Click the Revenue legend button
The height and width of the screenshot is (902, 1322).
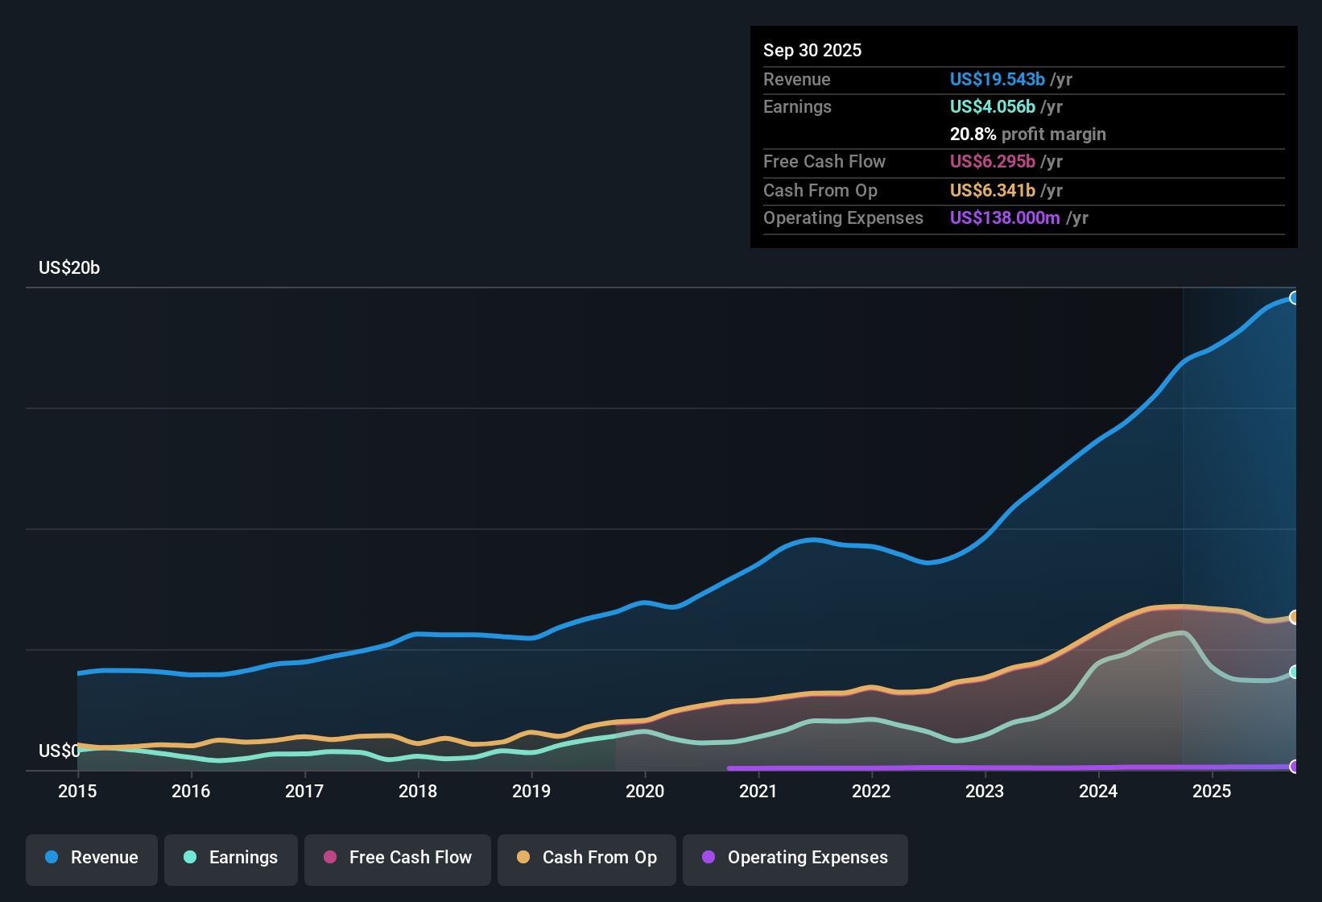92,858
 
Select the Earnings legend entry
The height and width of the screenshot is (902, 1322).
231,858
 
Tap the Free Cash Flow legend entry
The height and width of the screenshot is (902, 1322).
398,858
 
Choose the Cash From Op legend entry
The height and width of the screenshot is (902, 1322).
587,858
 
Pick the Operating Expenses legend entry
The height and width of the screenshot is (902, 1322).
795,858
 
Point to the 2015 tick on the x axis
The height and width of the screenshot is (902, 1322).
77,791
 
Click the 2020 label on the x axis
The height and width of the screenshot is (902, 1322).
645,791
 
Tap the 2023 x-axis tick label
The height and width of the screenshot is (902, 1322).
985,791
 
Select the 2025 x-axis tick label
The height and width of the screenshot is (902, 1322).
1212,791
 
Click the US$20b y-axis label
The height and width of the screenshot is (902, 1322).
69,268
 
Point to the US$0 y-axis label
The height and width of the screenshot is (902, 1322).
59,751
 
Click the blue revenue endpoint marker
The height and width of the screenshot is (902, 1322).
1294,298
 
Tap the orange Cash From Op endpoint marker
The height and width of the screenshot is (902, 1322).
1294,617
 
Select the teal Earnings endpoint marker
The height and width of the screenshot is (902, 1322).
1294,672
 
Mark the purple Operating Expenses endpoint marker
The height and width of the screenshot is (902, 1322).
1294,767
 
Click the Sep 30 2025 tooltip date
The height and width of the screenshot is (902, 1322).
812,51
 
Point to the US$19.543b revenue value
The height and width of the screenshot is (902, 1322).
997,80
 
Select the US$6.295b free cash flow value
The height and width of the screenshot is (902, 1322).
991,162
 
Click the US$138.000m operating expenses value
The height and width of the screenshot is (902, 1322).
1005,218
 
